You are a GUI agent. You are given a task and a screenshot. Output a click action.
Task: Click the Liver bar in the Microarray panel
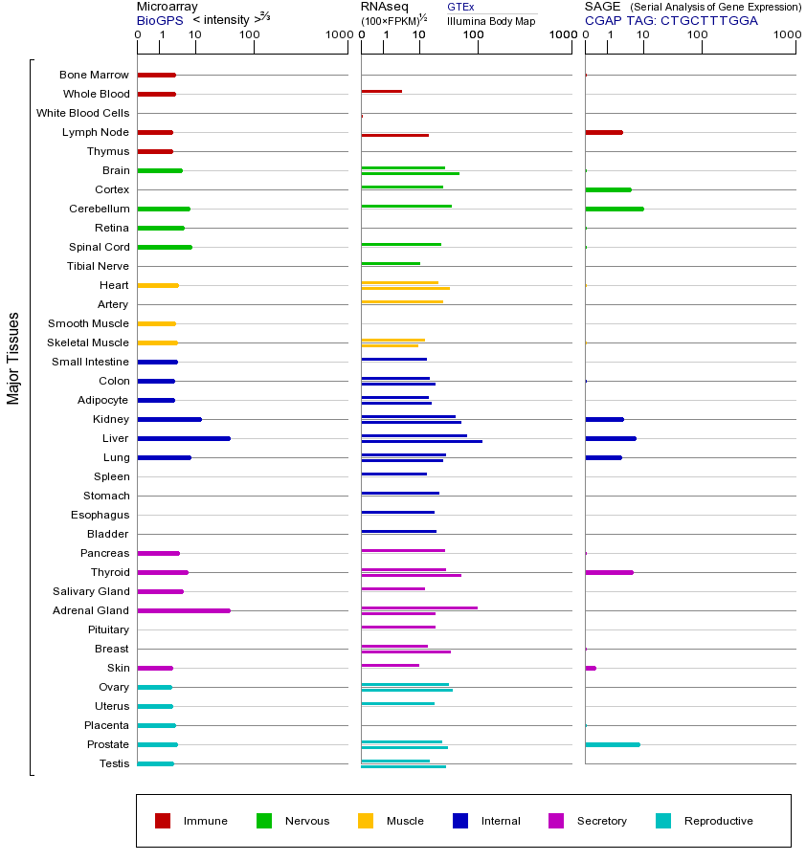tap(184, 438)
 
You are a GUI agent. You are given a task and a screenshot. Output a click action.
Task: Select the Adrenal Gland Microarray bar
tap(184, 610)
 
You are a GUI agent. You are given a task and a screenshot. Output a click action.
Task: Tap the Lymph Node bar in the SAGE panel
tap(604, 132)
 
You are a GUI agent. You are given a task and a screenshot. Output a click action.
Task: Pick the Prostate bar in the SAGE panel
tap(613, 744)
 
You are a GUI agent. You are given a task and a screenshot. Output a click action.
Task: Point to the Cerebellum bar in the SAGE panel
tap(615, 209)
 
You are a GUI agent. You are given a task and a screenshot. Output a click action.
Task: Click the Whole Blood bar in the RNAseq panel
tap(381, 91)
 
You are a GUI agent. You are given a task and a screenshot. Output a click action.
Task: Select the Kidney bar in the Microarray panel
tap(169, 419)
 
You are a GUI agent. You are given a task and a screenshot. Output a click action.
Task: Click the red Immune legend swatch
tap(163, 821)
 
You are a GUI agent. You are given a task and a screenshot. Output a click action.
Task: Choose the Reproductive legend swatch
tap(663, 821)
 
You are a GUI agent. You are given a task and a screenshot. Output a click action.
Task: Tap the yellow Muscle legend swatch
tap(366, 821)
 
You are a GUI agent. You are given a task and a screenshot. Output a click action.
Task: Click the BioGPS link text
tap(159, 20)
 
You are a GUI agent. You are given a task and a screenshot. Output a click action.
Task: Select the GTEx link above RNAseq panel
tap(460, 8)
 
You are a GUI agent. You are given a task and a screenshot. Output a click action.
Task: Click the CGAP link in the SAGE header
tap(603, 20)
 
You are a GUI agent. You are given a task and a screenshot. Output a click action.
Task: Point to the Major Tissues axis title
tap(13, 358)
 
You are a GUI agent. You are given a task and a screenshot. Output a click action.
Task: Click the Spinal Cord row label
tap(101, 247)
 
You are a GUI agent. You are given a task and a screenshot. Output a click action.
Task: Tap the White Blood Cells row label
tap(82, 113)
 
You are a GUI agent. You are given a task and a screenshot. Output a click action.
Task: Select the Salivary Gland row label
tap(93, 591)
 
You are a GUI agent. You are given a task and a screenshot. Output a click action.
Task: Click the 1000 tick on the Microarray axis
tap(337, 35)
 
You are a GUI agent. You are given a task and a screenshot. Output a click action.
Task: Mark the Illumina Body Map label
tap(491, 20)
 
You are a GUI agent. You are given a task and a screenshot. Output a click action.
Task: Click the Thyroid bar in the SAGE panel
tap(609, 572)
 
